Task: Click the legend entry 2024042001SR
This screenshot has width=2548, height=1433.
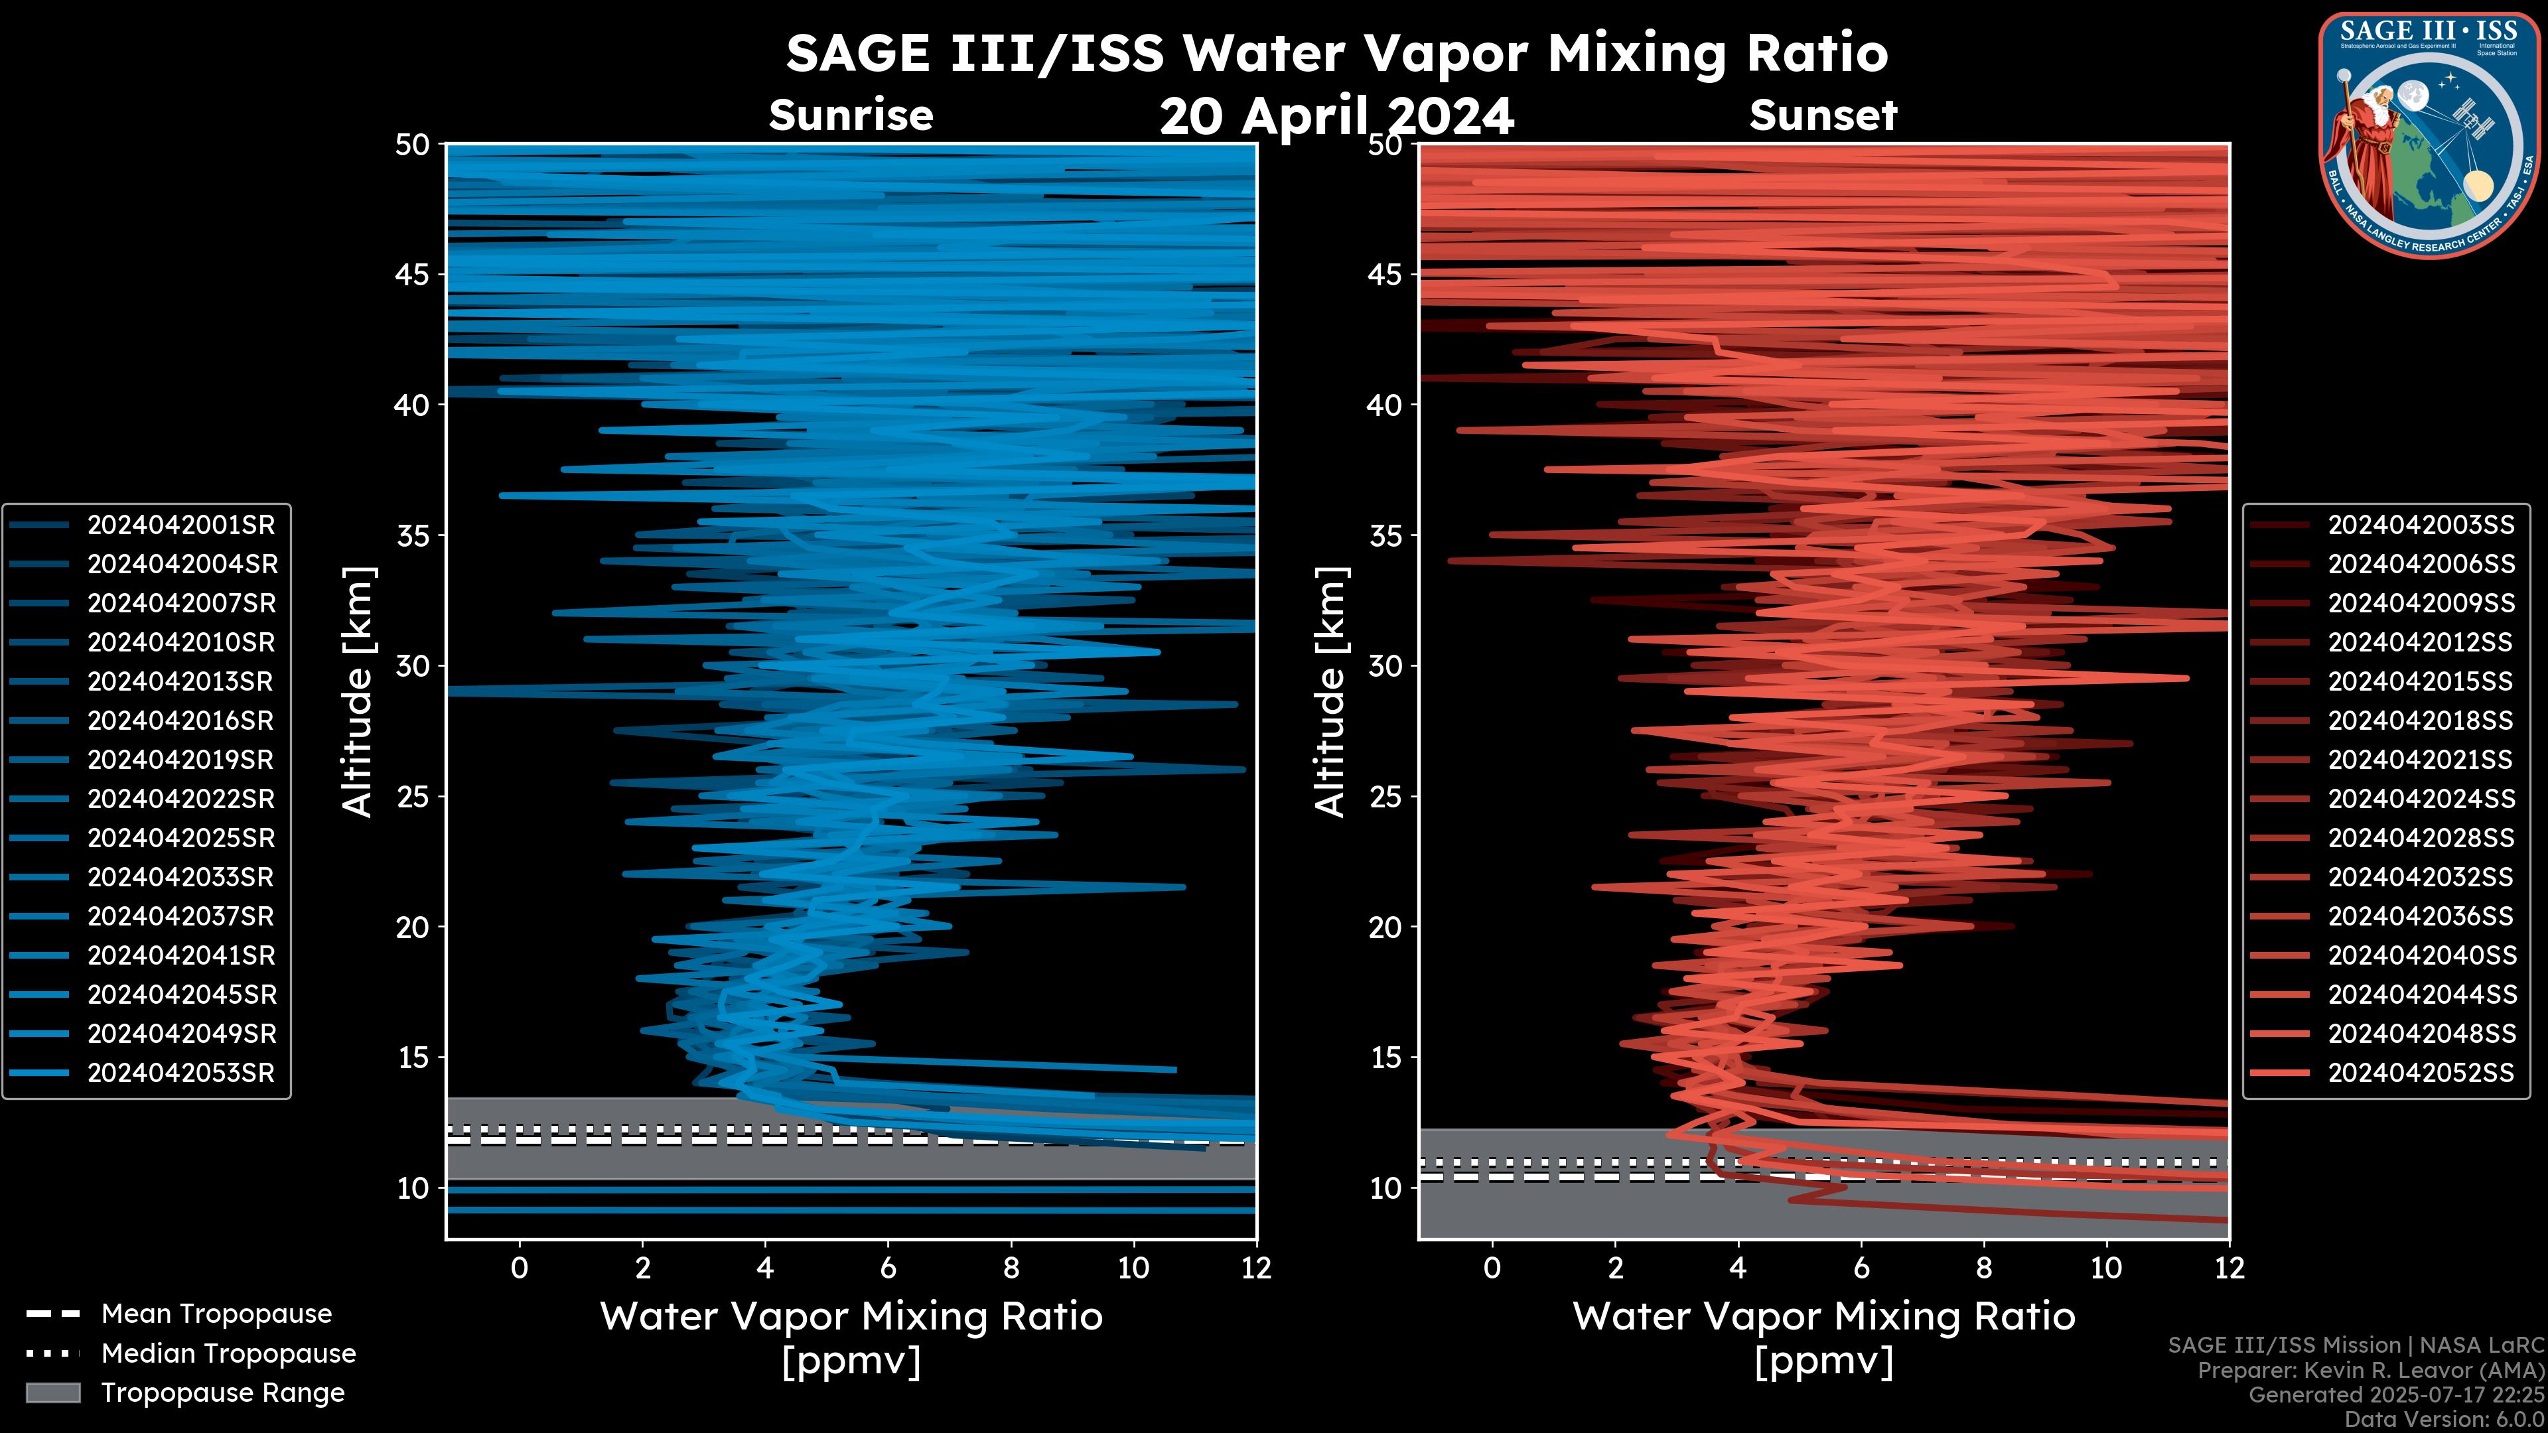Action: click(180, 525)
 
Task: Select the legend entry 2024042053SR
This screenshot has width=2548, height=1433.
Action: click(180, 1073)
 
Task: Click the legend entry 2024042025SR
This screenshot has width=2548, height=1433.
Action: click(180, 839)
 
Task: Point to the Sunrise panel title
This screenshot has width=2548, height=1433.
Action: click(851, 115)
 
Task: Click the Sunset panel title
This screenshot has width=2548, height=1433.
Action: click(1823, 115)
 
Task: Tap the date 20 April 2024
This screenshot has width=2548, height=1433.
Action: click(1336, 117)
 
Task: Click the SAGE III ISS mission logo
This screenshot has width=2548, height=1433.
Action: click(2429, 135)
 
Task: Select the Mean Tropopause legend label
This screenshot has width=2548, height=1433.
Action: click(216, 1314)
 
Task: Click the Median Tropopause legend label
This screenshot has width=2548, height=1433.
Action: click(228, 1354)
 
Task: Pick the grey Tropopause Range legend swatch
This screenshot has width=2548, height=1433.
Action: click(52, 1393)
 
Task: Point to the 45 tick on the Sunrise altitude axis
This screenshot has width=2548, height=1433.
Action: click(413, 274)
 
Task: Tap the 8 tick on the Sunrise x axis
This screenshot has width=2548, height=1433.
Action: click(1010, 1268)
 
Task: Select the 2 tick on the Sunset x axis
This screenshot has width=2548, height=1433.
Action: click(1615, 1268)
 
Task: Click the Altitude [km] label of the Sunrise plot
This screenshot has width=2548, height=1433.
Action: click(357, 691)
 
